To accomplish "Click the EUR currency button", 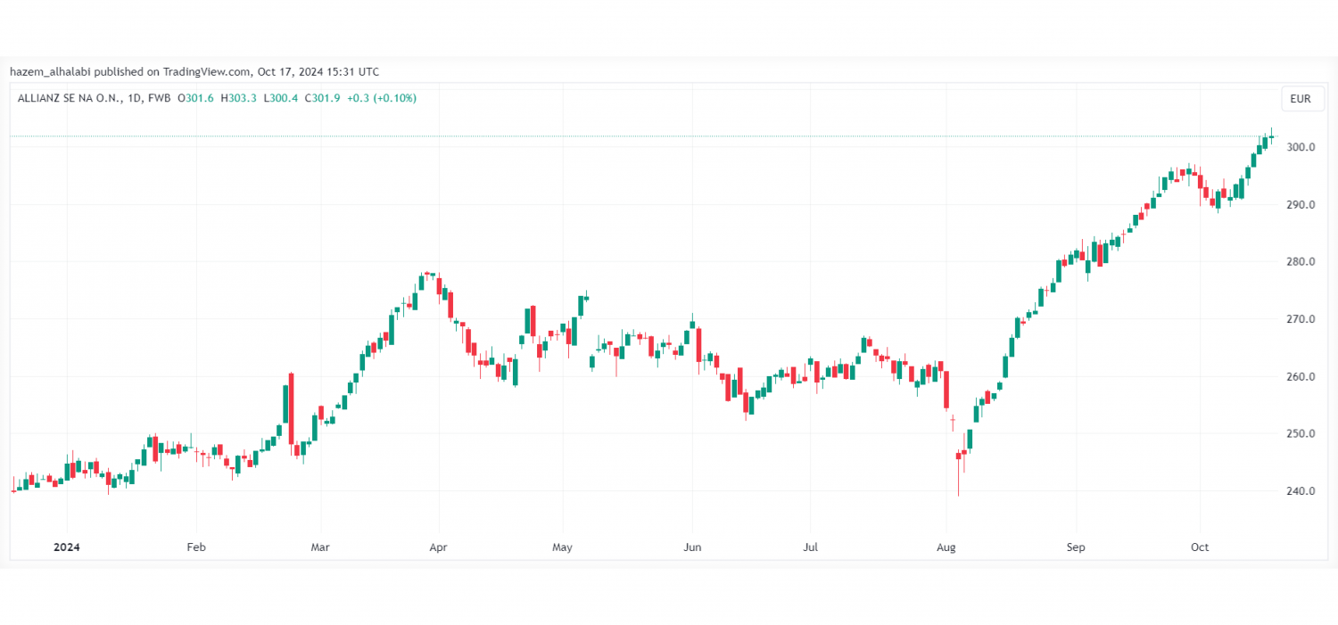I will click(x=1301, y=99).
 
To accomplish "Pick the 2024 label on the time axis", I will click(x=67, y=547).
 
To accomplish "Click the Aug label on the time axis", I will click(x=946, y=547).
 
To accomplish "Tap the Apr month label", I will click(x=437, y=547).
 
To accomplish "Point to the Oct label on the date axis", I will click(x=1200, y=547).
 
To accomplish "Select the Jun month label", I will click(x=691, y=547).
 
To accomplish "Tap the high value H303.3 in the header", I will click(x=239, y=98).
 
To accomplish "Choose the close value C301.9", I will click(x=323, y=98).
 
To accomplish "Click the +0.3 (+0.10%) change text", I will click(x=382, y=98).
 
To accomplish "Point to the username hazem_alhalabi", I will click(x=50, y=71).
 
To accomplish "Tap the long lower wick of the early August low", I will click(x=959, y=481).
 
